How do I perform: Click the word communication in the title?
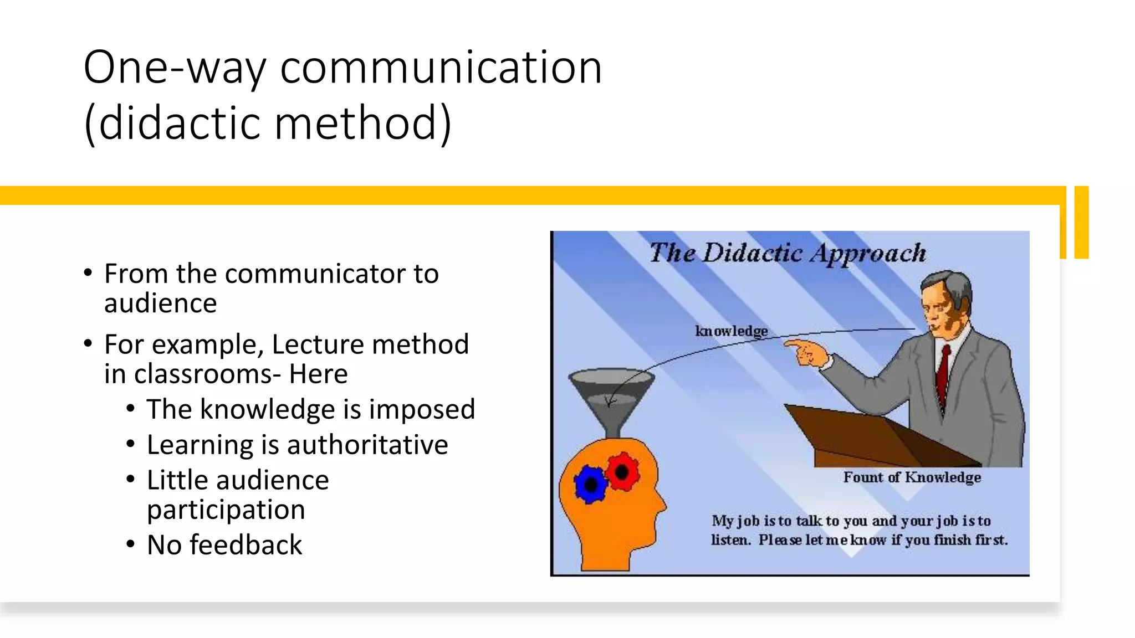441,67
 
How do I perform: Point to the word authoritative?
367,445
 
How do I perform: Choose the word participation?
226,510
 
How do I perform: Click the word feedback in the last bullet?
246,545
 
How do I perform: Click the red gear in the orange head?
622,471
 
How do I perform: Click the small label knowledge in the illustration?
732,331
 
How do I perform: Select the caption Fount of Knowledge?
912,477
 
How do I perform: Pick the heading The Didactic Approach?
787,253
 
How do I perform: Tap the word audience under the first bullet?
160,303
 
